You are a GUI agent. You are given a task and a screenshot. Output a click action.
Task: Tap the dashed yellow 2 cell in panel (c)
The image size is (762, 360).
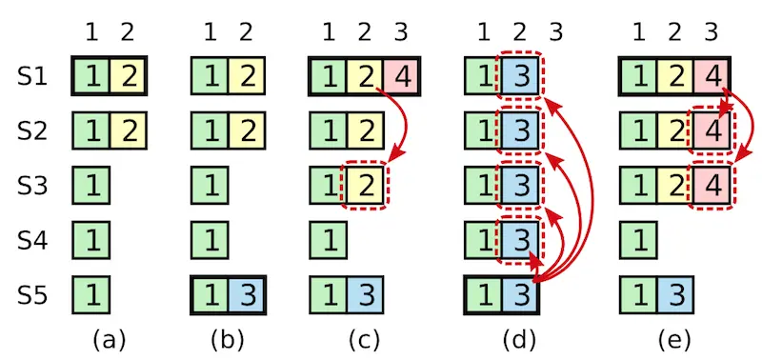coord(364,181)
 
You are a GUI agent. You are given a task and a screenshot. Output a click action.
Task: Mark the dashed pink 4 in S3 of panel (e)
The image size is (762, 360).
coord(712,181)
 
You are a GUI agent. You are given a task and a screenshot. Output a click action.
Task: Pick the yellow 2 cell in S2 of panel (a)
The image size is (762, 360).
coord(127,130)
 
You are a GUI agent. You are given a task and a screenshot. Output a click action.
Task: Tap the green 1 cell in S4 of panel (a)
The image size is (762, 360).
coord(90,233)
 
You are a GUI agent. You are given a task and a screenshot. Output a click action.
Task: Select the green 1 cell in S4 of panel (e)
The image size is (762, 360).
coord(637,233)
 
